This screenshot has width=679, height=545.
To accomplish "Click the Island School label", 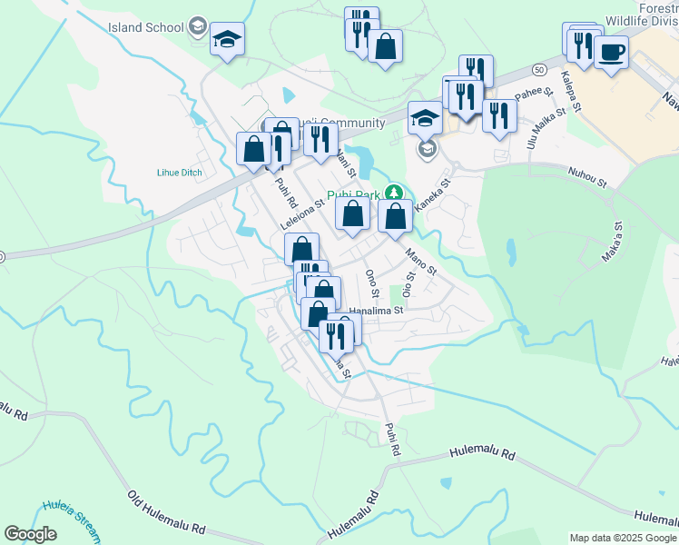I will point(145,27).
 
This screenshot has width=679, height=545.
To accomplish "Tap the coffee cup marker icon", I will point(611,51).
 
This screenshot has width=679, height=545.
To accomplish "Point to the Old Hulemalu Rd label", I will point(166,513).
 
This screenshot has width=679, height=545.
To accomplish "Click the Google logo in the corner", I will point(30,534).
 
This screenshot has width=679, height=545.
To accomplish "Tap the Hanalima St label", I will point(375,310).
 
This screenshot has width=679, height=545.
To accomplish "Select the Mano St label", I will point(421,263).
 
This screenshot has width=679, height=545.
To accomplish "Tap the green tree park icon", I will point(393,193).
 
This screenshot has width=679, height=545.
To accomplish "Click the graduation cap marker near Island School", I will point(227,38).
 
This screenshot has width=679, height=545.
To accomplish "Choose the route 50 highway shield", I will point(539,69).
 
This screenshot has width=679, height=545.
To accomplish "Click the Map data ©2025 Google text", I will point(623,538).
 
